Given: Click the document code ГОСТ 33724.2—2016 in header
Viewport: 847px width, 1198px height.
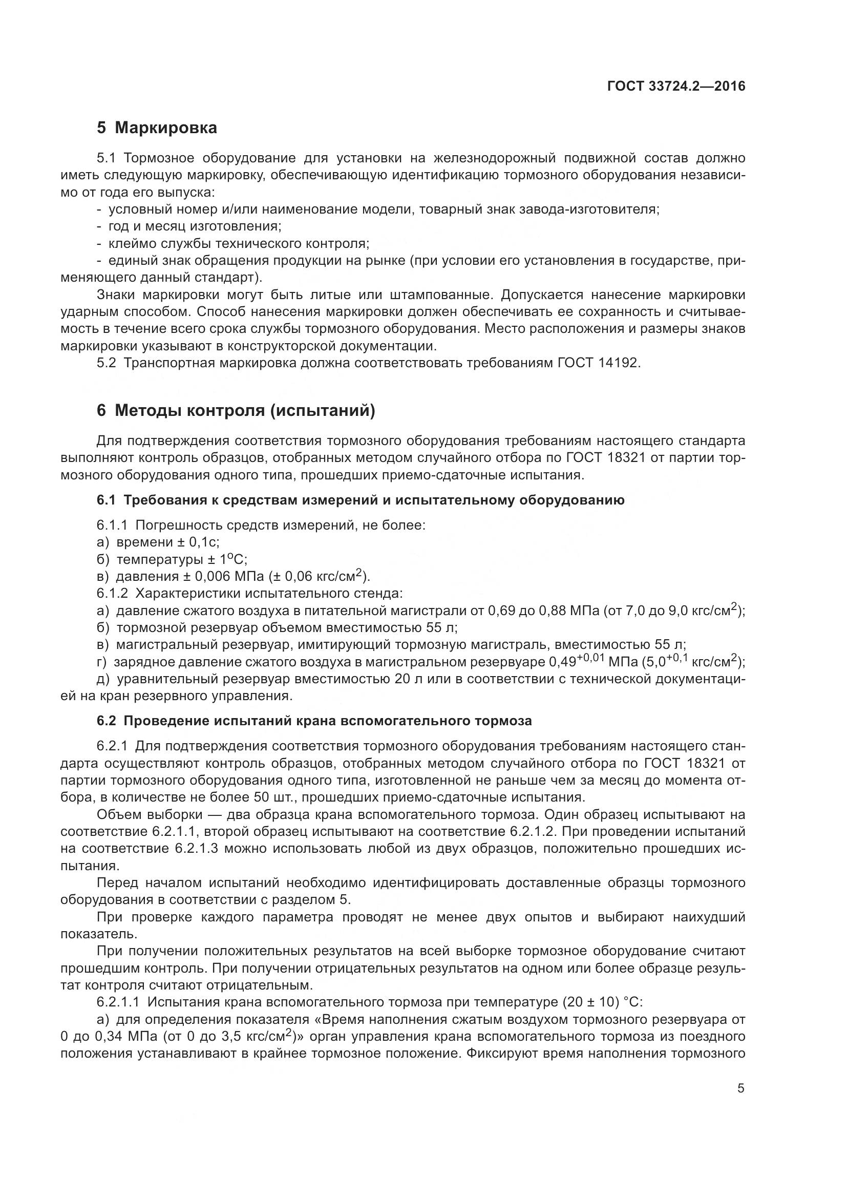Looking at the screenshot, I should point(676,86).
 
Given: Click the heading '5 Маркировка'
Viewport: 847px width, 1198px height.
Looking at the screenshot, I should point(157,128).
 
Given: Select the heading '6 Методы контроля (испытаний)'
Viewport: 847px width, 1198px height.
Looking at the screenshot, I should point(236,411).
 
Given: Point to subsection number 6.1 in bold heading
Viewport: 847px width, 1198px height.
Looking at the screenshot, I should point(106,500).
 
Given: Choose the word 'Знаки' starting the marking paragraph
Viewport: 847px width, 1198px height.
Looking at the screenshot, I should point(116,296).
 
